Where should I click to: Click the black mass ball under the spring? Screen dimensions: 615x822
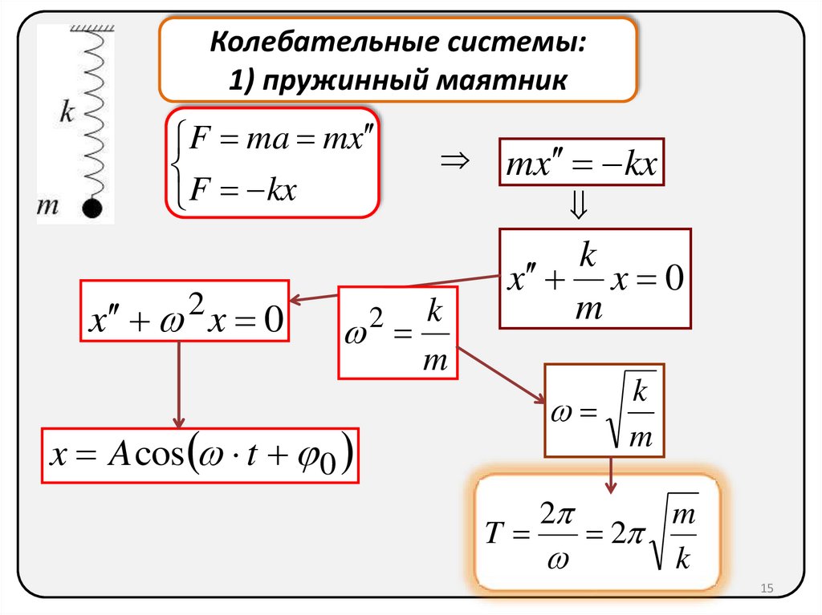coord(93,209)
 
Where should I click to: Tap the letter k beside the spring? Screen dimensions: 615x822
coord(67,111)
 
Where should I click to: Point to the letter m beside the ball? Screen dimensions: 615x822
coord(49,207)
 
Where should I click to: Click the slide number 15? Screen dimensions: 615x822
coord(765,589)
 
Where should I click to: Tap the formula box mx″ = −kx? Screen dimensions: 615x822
coord(582,165)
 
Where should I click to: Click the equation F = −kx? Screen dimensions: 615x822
coord(242,191)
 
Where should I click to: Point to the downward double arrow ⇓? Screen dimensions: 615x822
coord(580,208)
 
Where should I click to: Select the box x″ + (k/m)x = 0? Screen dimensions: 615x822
coord(594,278)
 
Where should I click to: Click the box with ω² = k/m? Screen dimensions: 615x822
coord(397,332)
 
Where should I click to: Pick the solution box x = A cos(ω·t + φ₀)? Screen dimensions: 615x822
coord(199,455)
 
